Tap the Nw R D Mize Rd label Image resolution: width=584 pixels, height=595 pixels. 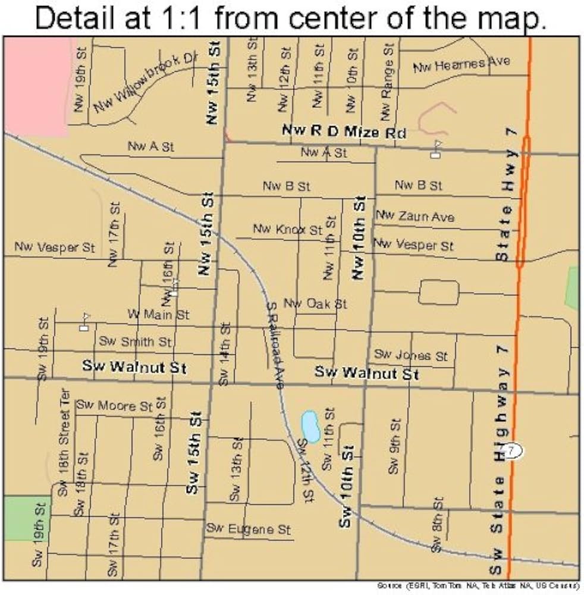(344, 131)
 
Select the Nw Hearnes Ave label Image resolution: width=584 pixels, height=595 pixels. (461, 64)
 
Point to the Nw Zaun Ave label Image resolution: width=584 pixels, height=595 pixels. (415, 216)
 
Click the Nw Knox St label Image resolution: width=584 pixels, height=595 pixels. (287, 229)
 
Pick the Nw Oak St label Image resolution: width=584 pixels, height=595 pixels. (315, 303)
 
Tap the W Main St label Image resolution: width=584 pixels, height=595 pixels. (158, 314)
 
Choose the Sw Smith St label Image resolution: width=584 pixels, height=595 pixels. (135, 342)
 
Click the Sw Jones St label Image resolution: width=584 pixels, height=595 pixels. (410, 355)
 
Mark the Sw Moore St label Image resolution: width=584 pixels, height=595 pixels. (114, 406)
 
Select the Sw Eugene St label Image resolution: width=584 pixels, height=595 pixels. (249, 528)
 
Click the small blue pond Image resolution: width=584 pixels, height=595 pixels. (310, 427)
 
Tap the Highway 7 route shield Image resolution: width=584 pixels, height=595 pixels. (511, 450)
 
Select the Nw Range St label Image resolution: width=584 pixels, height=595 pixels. (387, 82)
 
